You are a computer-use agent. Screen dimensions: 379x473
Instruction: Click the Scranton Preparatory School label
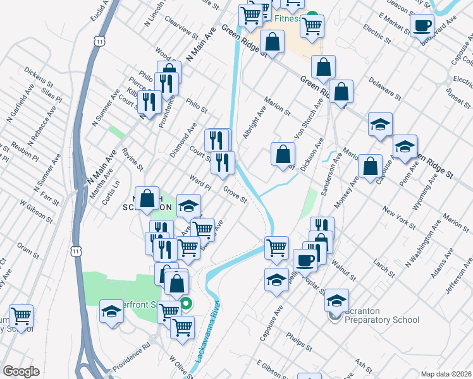(383, 320)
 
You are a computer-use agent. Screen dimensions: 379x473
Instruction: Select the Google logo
(21, 371)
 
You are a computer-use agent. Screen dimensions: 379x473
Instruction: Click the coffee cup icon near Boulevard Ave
(422, 25)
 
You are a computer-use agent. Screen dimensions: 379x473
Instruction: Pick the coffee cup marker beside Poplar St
(305, 260)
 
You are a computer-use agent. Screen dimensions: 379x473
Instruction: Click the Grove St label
(234, 194)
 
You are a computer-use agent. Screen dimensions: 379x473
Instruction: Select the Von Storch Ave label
(305, 127)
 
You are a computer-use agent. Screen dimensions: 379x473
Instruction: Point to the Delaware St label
(384, 88)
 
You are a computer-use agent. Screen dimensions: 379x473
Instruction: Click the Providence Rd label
(132, 357)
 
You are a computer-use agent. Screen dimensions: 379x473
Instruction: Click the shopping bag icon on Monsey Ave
(371, 165)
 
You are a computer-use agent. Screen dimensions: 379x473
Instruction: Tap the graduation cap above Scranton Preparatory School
(336, 299)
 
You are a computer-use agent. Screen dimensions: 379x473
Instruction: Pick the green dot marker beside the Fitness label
(312, 18)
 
